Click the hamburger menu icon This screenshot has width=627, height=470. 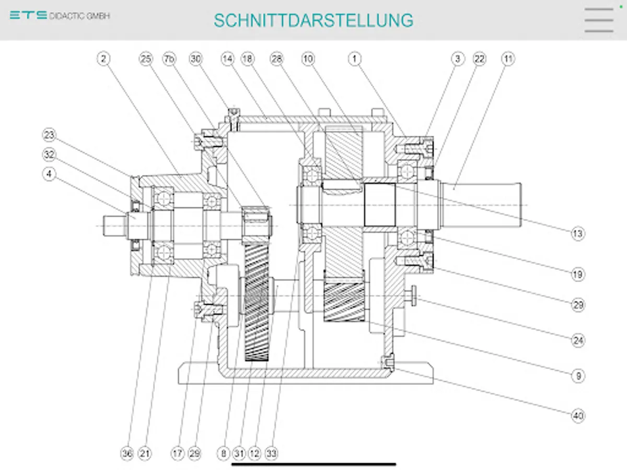point(599,20)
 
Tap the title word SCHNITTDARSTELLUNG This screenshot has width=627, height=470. point(313,20)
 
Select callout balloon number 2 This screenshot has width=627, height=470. point(103,59)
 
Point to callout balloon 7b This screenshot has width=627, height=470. point(169,59)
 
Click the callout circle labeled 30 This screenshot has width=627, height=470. point(195,59)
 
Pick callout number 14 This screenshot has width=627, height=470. point(227,59)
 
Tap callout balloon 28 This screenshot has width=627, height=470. point(276,59)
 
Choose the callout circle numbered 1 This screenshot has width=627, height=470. point(355,59)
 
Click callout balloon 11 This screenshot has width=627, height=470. point(507,59)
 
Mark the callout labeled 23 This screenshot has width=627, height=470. point(49,136)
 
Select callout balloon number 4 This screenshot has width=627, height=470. point(49,174)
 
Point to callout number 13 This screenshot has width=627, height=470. point(577,234)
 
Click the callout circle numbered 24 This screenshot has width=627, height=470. point(577,341)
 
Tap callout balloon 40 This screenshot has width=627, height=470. point(577,416)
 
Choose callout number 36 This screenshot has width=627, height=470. point(127,454)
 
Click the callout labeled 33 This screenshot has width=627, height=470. point(271,454)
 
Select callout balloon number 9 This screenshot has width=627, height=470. point(577,375)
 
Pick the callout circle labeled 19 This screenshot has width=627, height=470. point(577,274)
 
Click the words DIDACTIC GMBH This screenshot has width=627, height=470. point(80,16)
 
